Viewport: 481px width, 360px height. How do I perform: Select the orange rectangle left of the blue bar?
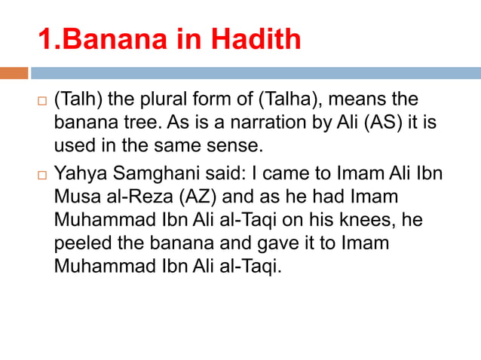pyautogui.click(x=14, y=74)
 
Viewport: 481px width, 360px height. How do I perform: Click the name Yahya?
pyautogui.click(x=78, y=173)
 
